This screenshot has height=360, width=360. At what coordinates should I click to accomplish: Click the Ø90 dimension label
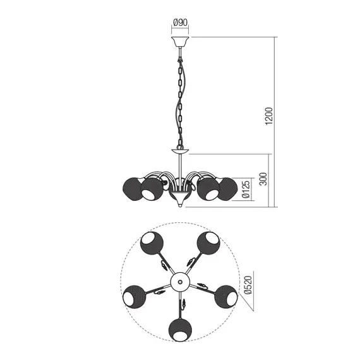[x=180, y=25]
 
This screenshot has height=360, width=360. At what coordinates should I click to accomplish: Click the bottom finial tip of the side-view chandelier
[x=180, y=204]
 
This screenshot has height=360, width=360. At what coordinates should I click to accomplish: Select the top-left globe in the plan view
[x=151, y=243]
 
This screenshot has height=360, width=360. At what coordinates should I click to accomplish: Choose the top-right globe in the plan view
[x=208, y=243]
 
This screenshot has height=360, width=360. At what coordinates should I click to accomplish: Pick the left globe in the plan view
[x=133, y=297]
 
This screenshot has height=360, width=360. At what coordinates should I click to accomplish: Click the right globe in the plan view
[x=225, y=297]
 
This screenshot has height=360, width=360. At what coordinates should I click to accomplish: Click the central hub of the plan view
[x=180, y=281]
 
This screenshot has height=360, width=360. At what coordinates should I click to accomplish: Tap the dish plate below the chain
[x=180, y=152]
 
